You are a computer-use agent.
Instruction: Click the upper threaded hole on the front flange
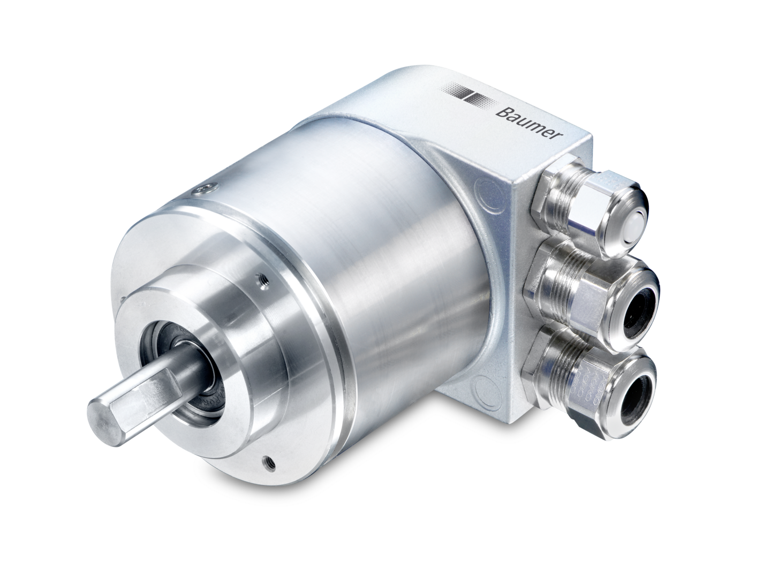click(262, 278)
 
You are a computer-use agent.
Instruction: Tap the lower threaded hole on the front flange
click(267, 459)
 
